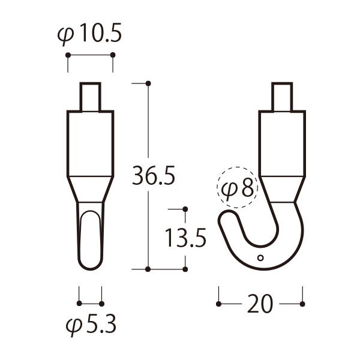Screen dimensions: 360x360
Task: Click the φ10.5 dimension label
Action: pyautogui.click(x=89, y=34)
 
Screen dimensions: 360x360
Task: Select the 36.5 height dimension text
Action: pyautogui.click(x=154, y=175)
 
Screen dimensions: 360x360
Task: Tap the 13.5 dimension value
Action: pyautogui.click(x=185, y=238)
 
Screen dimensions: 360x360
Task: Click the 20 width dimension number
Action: pyautogui.click(x=260, y=304)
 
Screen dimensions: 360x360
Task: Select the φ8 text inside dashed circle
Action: pyautogui.click(x=238, y=188)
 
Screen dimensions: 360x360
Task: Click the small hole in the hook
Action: pyautogui.click(x=260, y=258)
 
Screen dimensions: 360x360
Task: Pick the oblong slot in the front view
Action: pyautogui.click(x=91, y=239)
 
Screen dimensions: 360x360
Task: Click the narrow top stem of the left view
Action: pyautogui.click(x=90, y=97)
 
